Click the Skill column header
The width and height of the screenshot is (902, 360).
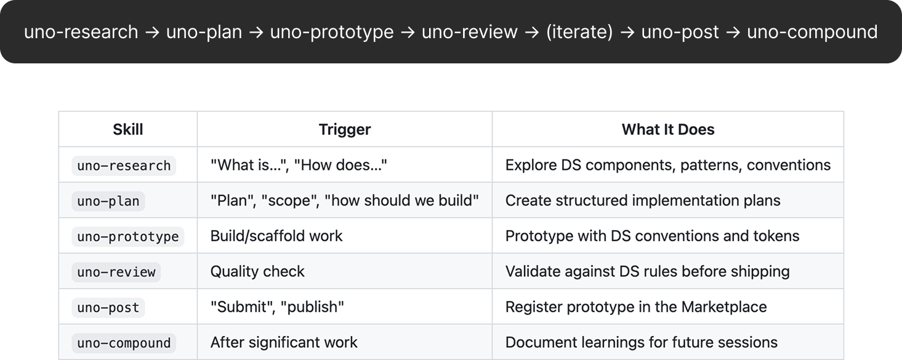(x=127, y=130)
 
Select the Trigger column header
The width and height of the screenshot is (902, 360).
(x=345, y=130)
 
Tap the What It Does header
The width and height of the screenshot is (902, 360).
(x=668, y=130)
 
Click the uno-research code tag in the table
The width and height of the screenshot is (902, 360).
(x=124, y=166)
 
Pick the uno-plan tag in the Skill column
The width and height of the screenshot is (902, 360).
(x=108, y=201)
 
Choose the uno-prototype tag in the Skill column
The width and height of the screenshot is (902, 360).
(x=127, y=236)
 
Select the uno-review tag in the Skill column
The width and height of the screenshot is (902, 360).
(x=116, y=272)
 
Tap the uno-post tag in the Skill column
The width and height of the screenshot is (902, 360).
(x=108, y=307)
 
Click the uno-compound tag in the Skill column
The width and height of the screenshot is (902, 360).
(x=124, y=343)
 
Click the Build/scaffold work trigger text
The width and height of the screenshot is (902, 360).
(x=276, y=236)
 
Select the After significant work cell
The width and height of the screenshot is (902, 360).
(x=284, y=343)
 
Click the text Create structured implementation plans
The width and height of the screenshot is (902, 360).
(x=643, y=201)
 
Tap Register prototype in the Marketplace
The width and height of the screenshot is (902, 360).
(x=636, y=307)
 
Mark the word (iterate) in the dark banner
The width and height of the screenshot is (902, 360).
(x=579, y=32)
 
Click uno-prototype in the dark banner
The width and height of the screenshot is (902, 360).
(x=332, y=32)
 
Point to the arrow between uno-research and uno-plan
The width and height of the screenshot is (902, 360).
(x=152, y=33)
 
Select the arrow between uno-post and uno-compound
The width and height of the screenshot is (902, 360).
(x=733, y=33)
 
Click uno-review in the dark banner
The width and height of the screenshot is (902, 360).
(x=470, y=32)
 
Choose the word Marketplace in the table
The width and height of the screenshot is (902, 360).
(x=724, y=307)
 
